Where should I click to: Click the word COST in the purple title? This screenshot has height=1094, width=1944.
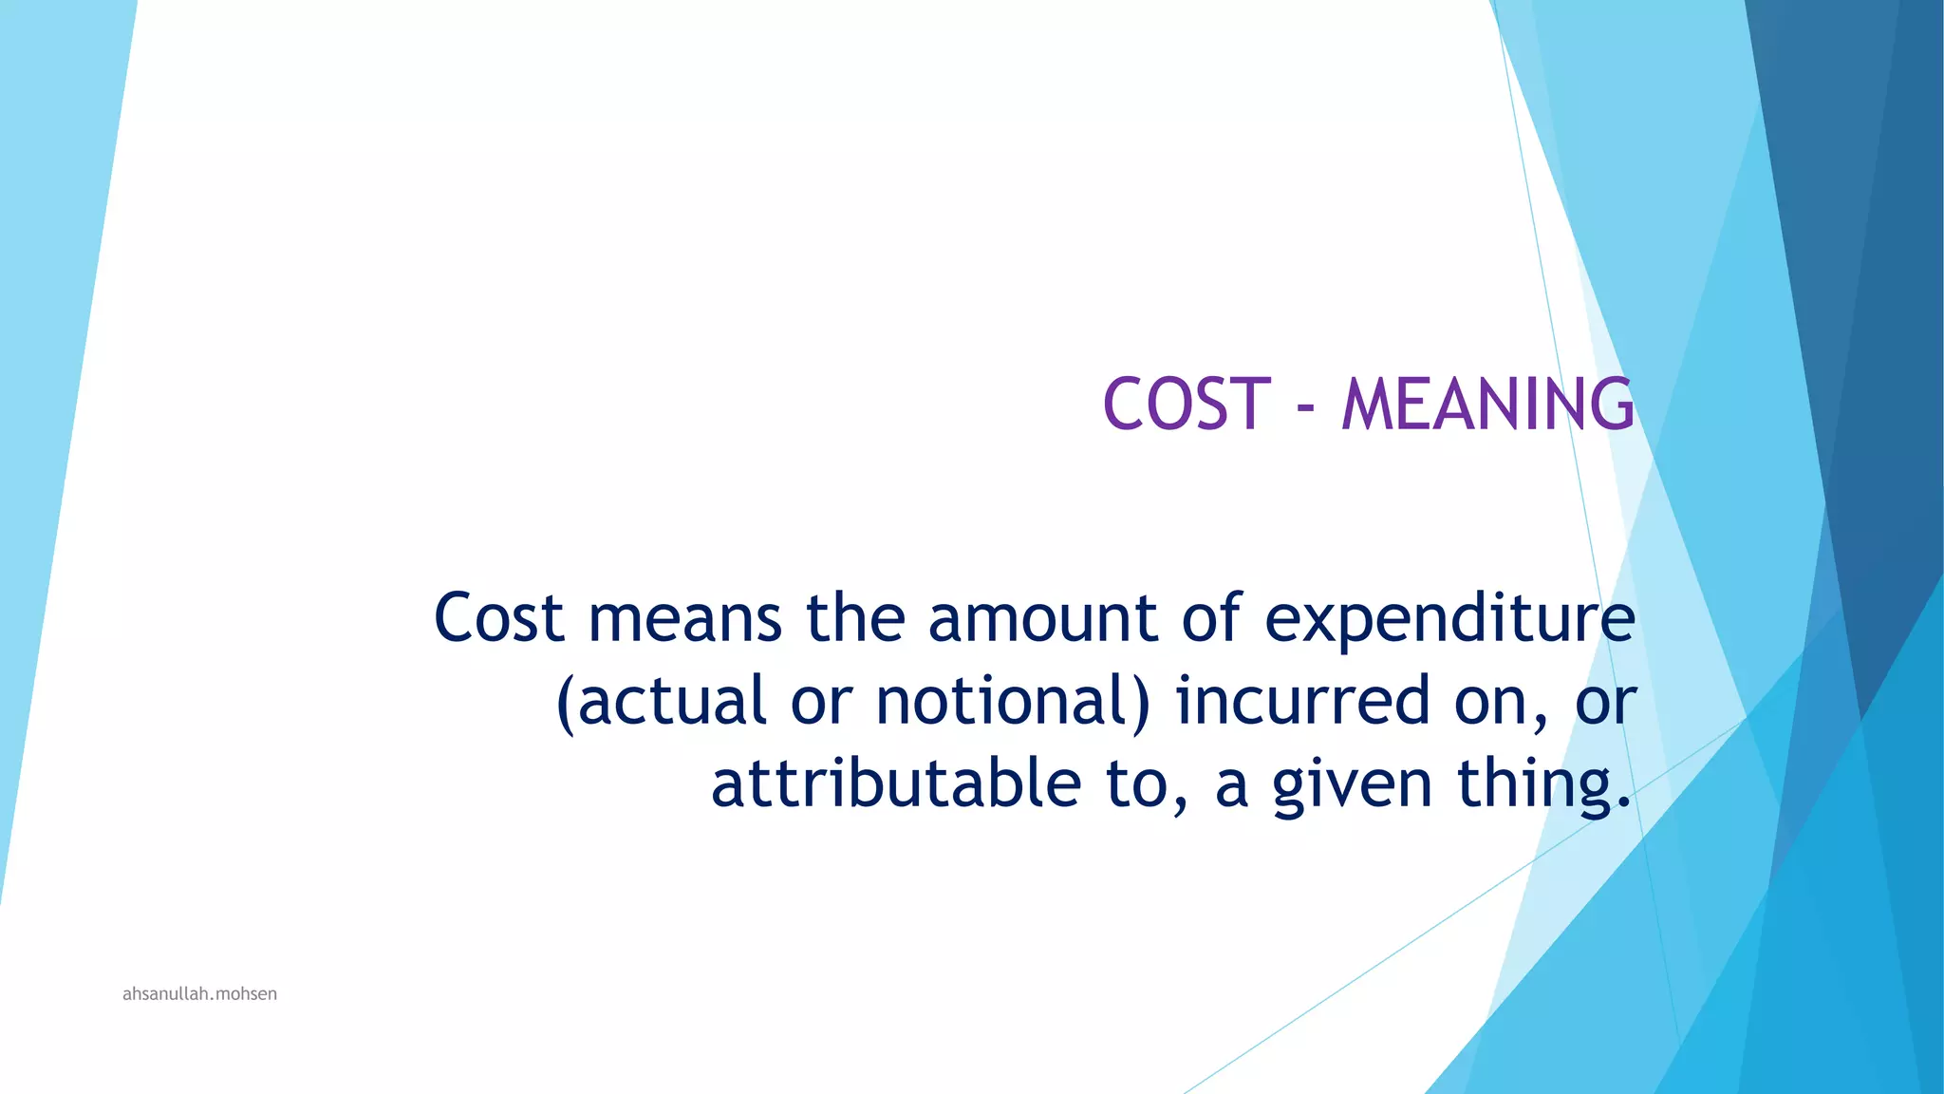(x=1186, y=405)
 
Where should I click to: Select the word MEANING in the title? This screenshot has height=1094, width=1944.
(x=1487, y=405)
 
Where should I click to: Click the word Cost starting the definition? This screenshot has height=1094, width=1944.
(x=499, y=618)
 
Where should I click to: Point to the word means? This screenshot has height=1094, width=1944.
(x=684, y=618)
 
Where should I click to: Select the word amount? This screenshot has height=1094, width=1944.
(x=1042, y=618)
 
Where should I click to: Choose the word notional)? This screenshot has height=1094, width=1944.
(x=1012, y=702)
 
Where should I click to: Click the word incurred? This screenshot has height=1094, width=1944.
(x=1302, y=702)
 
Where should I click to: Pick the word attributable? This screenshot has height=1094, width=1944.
(x=895, y=784)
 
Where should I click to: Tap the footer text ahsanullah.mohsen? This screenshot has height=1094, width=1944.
(x=199, y=994)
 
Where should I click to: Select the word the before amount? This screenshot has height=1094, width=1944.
(x=855, y=618)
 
